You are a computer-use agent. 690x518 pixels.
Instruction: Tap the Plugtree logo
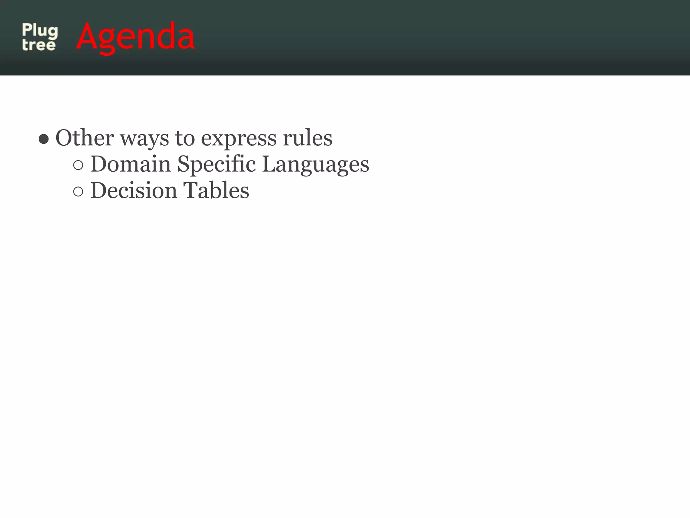click(x=40, y=37)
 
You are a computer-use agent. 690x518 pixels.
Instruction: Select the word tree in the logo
click(x=39, y=45)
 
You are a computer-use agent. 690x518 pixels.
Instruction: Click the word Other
click(x=85, y=138)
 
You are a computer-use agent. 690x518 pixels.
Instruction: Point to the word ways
click(x=145, y=139)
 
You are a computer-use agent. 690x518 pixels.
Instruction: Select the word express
click(x=239, y=139)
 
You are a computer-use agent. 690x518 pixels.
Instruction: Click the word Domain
click(x=131, y=164)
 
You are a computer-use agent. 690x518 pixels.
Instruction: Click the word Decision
click(x=134, y=191)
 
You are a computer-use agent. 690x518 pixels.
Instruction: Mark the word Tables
click(x=216, y=191)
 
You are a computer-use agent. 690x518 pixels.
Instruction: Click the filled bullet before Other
click(x=44, y=139)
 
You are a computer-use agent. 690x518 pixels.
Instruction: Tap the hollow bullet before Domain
click(x=78, y=165)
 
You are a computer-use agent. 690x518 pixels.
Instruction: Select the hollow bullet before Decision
click(x=78, y=192)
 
